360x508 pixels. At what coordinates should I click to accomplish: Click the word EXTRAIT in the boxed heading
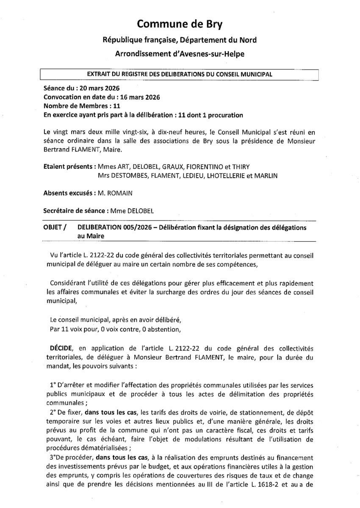click(x=99, y=74)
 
